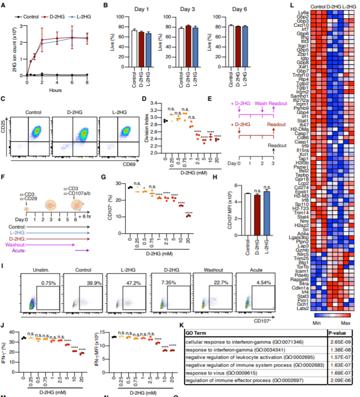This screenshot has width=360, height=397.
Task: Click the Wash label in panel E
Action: (x=261, y=104)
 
